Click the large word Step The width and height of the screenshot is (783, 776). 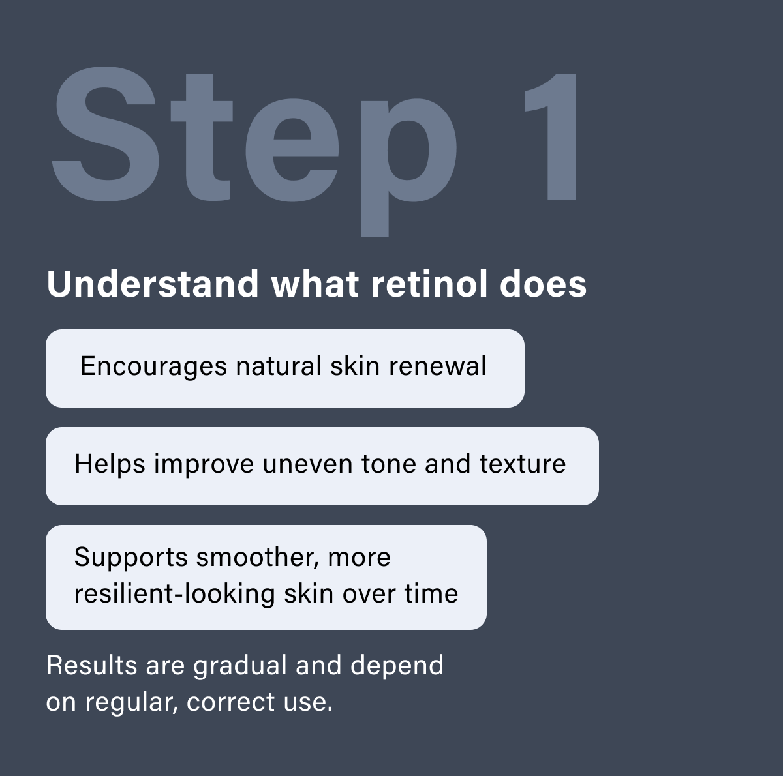[254, 140]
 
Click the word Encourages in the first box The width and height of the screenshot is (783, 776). [153, 366]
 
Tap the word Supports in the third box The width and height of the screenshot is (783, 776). [130, 558]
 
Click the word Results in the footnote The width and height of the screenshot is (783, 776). [92, 666]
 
